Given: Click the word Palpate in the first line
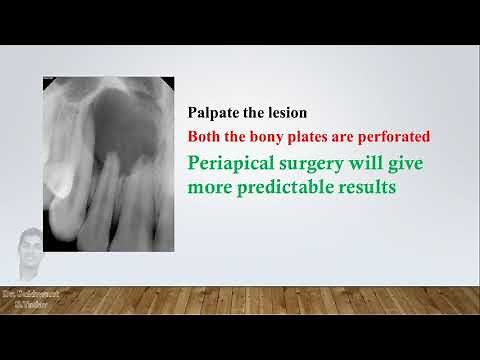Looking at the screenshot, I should pos(212,113).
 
